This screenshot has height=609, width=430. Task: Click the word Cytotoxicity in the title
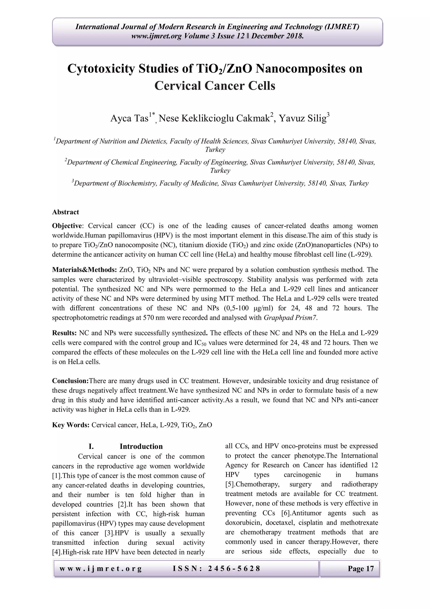[x=101, y=69]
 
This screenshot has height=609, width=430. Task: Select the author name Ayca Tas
[x=129, y=118]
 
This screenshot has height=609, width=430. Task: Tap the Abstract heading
[x=66, y=212]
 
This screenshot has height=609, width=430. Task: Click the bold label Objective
[x=67, y=226]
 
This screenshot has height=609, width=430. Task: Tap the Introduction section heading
[x=141, y=447]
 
